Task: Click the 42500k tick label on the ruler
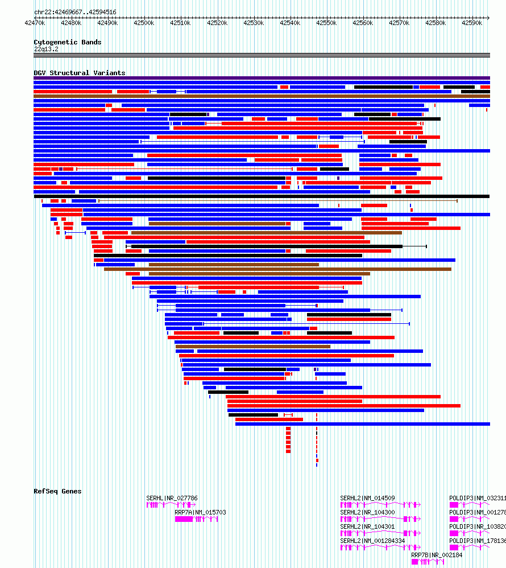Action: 144,23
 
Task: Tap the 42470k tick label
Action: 35,23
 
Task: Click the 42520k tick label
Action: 217,23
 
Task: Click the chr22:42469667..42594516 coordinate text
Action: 75,12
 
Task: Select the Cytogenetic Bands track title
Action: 67,42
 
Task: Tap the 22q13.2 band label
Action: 46,49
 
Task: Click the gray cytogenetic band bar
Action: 262,55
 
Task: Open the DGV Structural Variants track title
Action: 79,73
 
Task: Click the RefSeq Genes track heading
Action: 57,491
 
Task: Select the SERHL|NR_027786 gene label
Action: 172,498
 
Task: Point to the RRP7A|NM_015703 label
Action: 200,512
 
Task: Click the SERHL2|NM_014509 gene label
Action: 367,498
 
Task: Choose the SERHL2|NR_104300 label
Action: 367,512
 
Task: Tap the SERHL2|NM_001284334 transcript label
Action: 372,541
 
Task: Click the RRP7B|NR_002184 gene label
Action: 437,555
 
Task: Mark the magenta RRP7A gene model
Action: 196,519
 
